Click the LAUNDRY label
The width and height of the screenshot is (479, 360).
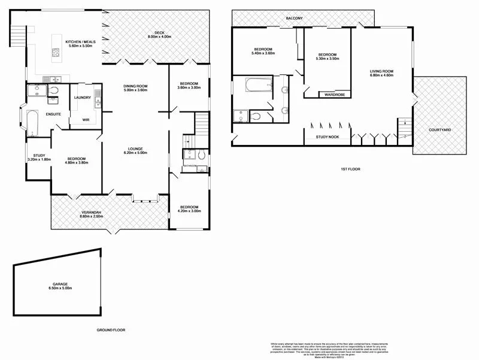[82, 98]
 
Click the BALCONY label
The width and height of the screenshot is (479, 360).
[294, 19]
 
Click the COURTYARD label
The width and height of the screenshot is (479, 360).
[440, 130]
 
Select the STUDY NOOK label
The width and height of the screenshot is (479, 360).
[328, 138]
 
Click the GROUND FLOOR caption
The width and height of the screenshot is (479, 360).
[111, 330]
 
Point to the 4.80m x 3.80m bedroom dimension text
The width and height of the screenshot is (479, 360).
[76, 163]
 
